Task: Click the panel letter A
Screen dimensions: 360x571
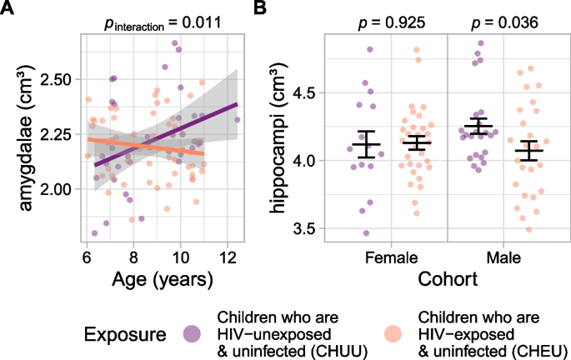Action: (8, 8)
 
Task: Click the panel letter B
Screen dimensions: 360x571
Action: (260, 8)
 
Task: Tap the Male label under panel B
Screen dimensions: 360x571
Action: (507, 258)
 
